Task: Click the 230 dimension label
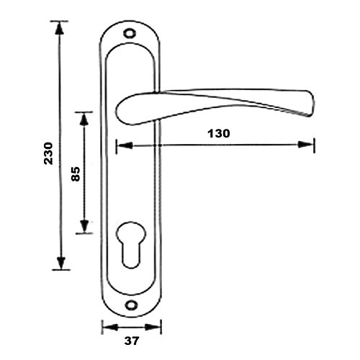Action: (48, 153)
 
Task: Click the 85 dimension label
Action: (76, 174)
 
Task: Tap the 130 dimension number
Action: (219, 133)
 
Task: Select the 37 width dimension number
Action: (132, 341)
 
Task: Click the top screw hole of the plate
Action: (130, 33)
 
